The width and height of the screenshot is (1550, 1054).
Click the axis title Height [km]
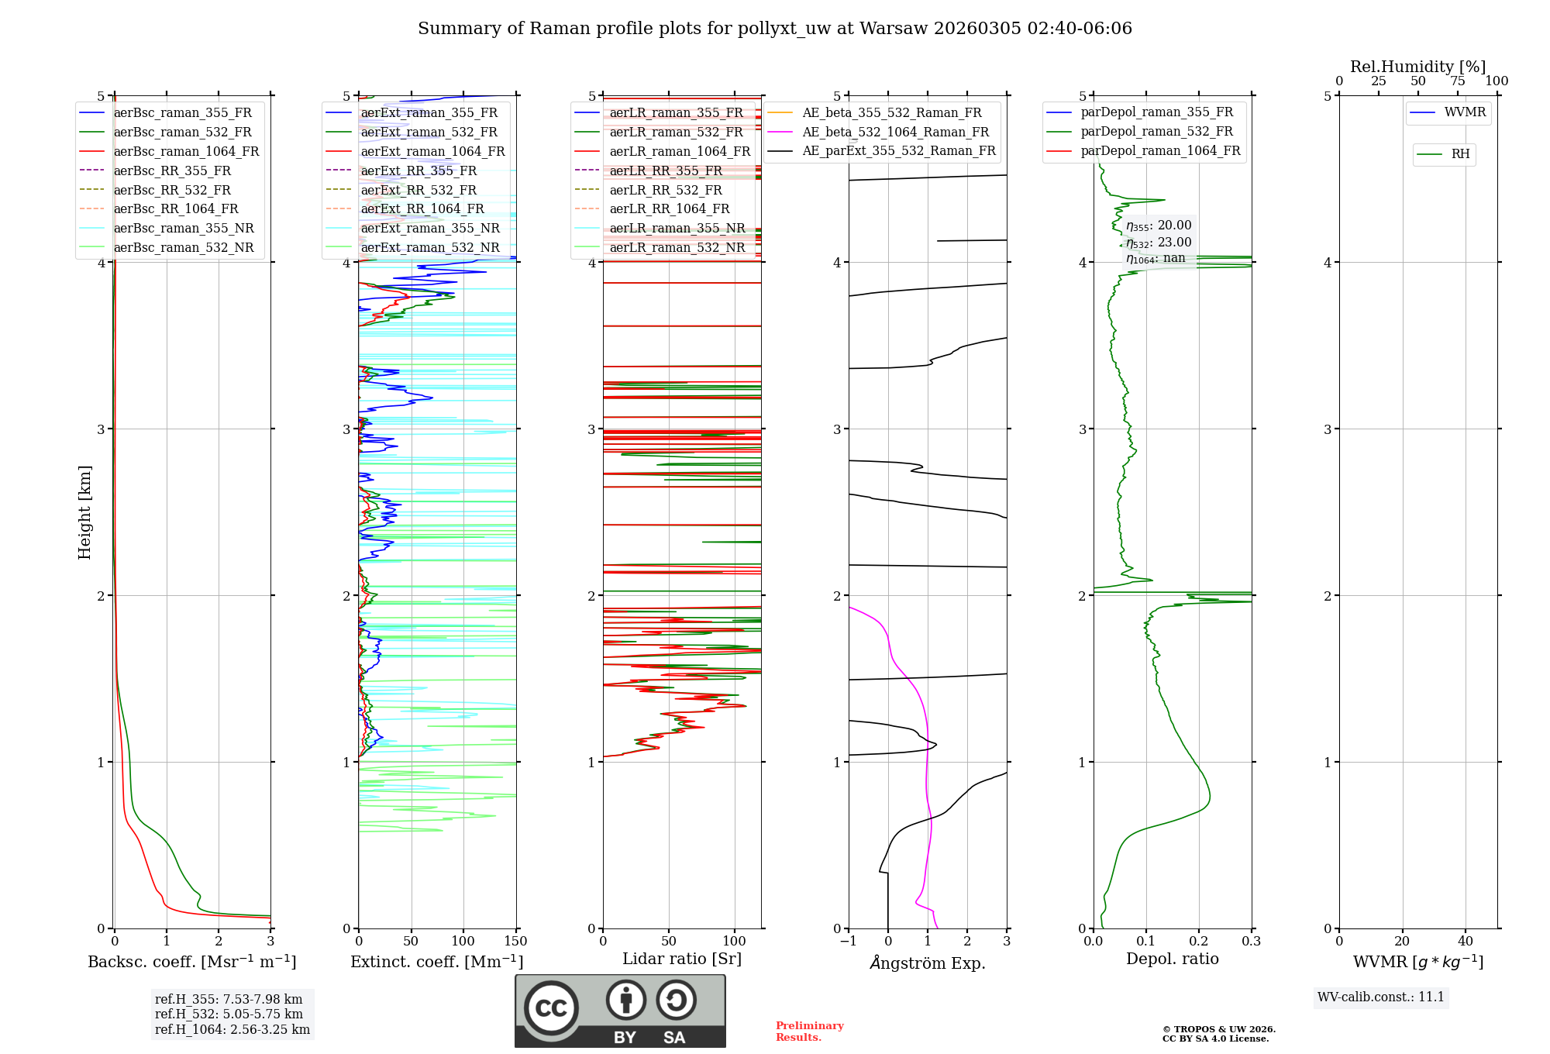[84, 512]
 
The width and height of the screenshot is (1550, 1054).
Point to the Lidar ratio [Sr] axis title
[681, 959]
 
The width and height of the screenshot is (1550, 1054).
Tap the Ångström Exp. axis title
[927, 963]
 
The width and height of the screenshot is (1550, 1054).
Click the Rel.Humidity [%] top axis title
[1417, 67]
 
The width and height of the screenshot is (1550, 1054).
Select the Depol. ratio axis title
[1172, 959]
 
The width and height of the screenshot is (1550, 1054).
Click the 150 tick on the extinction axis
[515, 942]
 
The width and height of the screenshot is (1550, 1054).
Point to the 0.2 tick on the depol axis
[1198, 942]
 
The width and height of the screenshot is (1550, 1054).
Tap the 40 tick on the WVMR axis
[1465, 942]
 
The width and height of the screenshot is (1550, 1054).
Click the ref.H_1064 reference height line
[232, 1030]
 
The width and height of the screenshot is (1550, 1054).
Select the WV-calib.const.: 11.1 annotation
[1381, 997]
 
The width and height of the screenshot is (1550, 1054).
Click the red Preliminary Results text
[809, 1032]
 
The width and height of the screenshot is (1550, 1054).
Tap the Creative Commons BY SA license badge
[620, 1011]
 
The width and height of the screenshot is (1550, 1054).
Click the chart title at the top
[775, 29]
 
